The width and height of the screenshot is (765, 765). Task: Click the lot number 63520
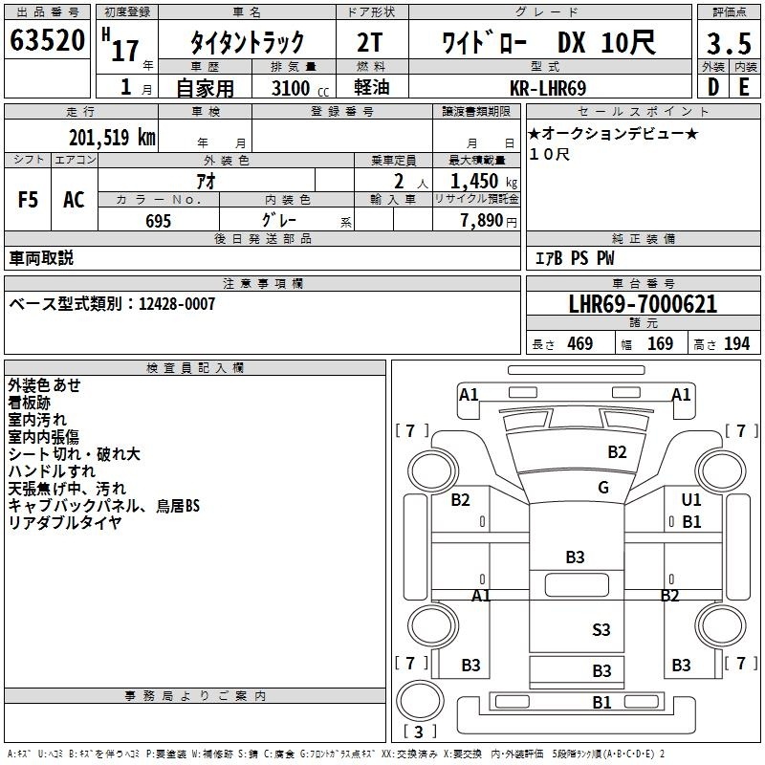[x=47, y=41]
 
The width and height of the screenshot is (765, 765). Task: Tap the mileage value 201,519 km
[x=112, y=137]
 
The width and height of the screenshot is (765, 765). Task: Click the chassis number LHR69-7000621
[x=642, y=305]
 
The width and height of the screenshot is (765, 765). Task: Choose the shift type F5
[x=28, y=200]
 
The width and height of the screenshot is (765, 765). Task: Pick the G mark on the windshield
[x=602, y=488]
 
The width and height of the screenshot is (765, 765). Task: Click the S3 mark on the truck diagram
[x=601, y=629]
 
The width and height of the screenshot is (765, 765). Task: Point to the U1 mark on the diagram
[x=691, y=499]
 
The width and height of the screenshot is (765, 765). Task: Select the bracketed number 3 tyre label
[x=420, y=732]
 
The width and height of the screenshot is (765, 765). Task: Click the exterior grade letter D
[x=712, y=88]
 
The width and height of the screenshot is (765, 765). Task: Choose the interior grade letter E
[x=744, y=88]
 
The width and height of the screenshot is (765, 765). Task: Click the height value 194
[x=737, y=343]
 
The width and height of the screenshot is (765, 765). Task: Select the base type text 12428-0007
[x=177, y=303]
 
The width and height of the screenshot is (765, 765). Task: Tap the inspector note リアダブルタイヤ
[x=65, y=522]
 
